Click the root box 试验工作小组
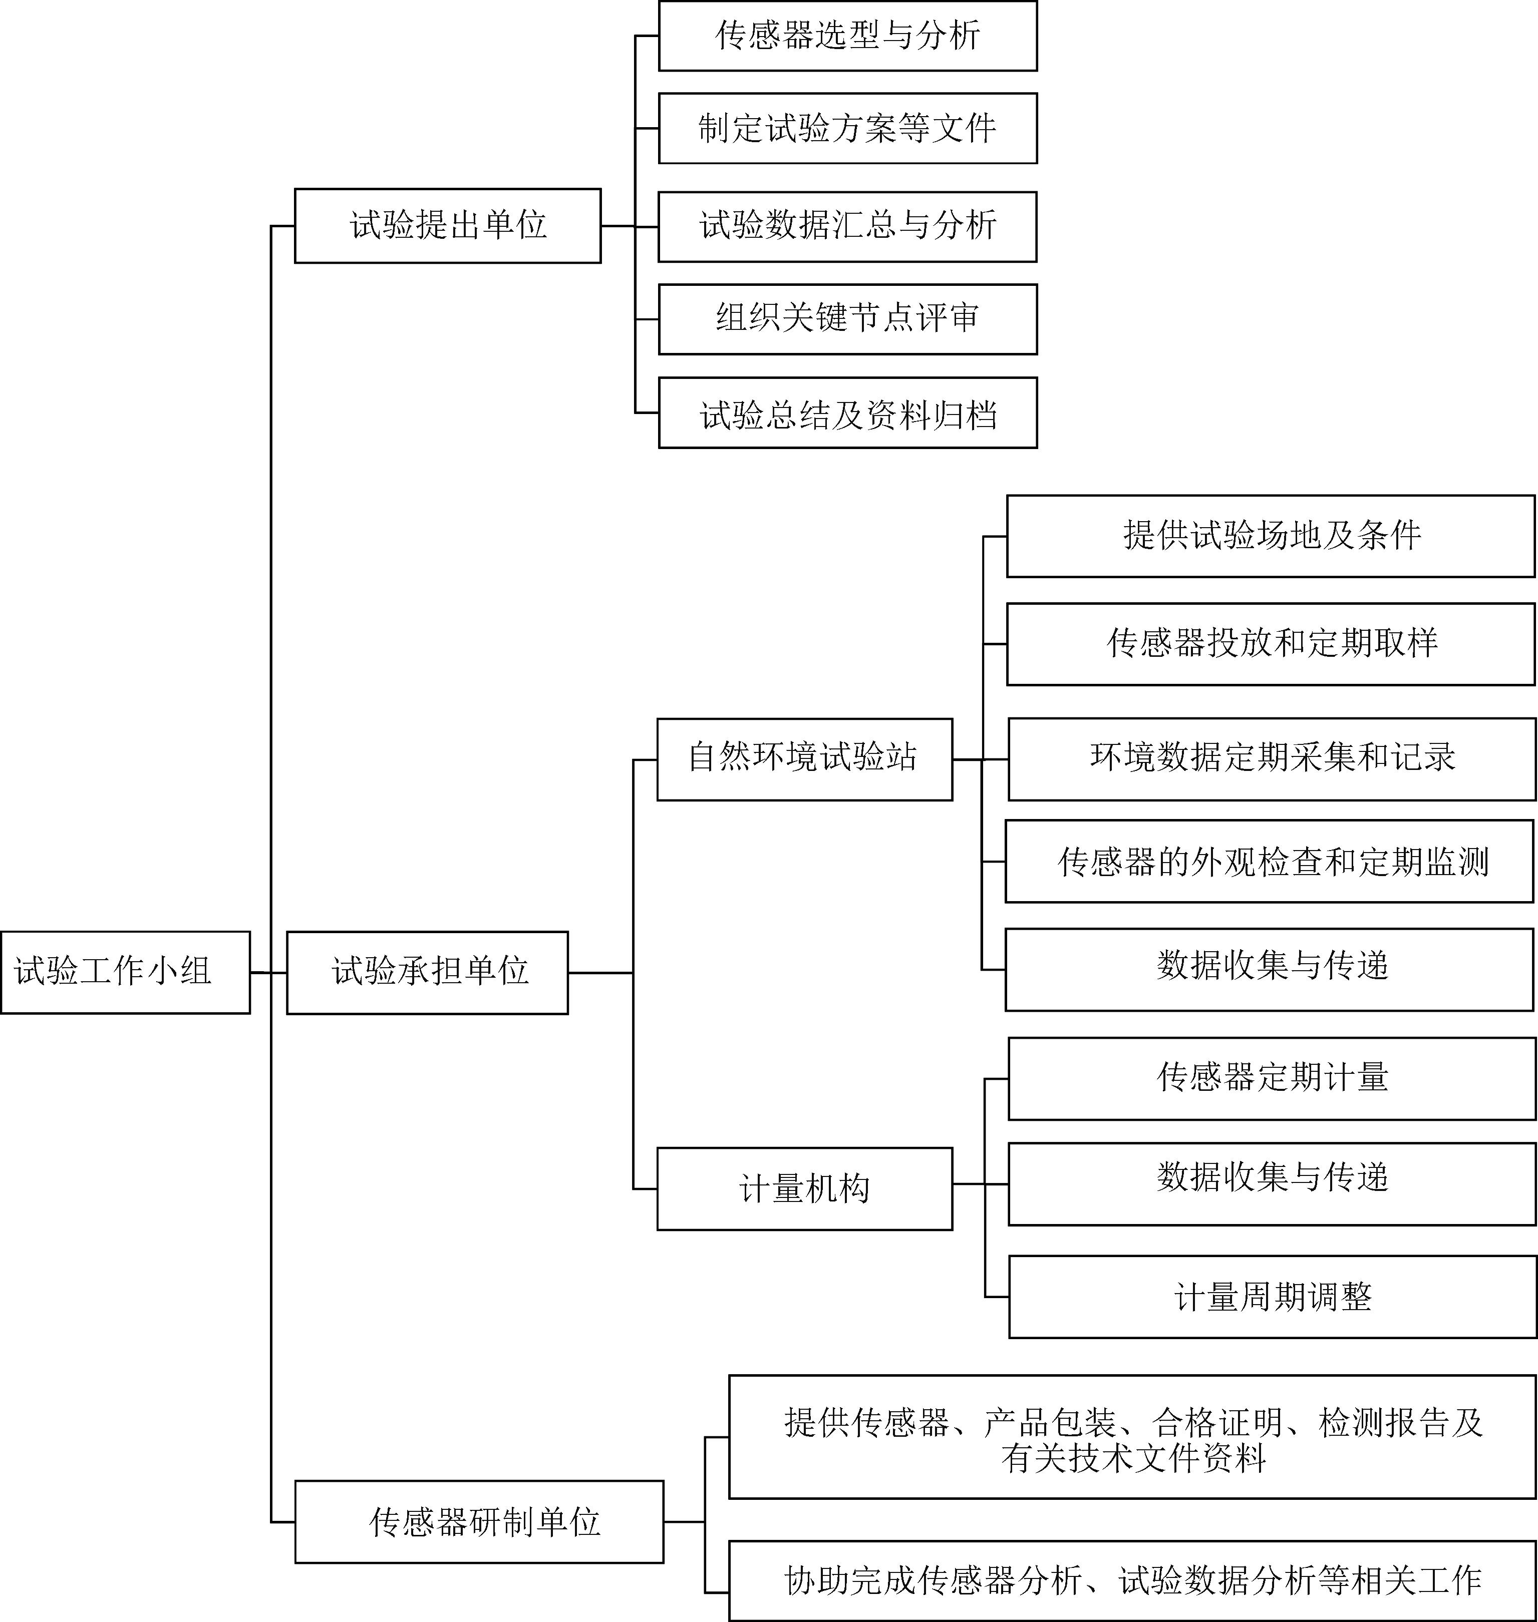point(125,972)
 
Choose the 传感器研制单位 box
point(479,1521)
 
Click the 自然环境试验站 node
point(804,759)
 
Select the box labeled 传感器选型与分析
point(848,36)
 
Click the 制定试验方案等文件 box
point(848,128)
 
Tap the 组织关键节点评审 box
point(848,319)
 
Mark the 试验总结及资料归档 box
point(848,413)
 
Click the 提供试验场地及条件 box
point(1270,536)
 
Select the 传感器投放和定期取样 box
point(1270,644)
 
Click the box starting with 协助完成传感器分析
point(1132,1580)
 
